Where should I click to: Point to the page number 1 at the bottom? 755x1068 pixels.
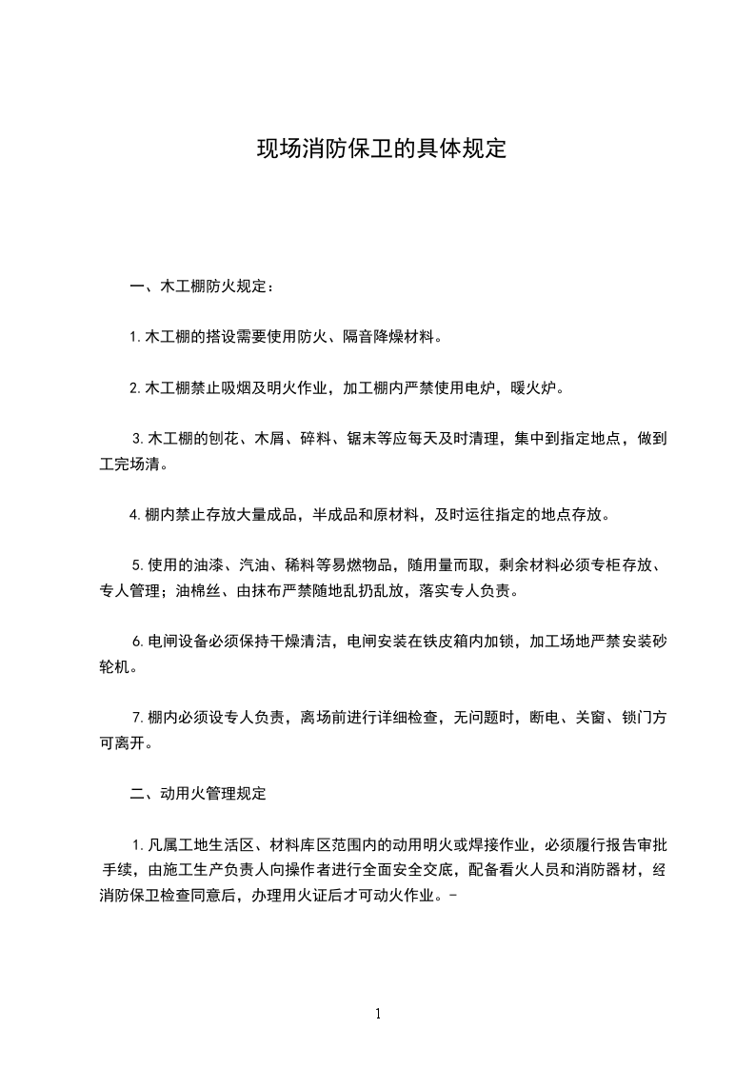(x=378, y=1014)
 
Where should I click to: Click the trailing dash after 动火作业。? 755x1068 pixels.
(x=447, y=895)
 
